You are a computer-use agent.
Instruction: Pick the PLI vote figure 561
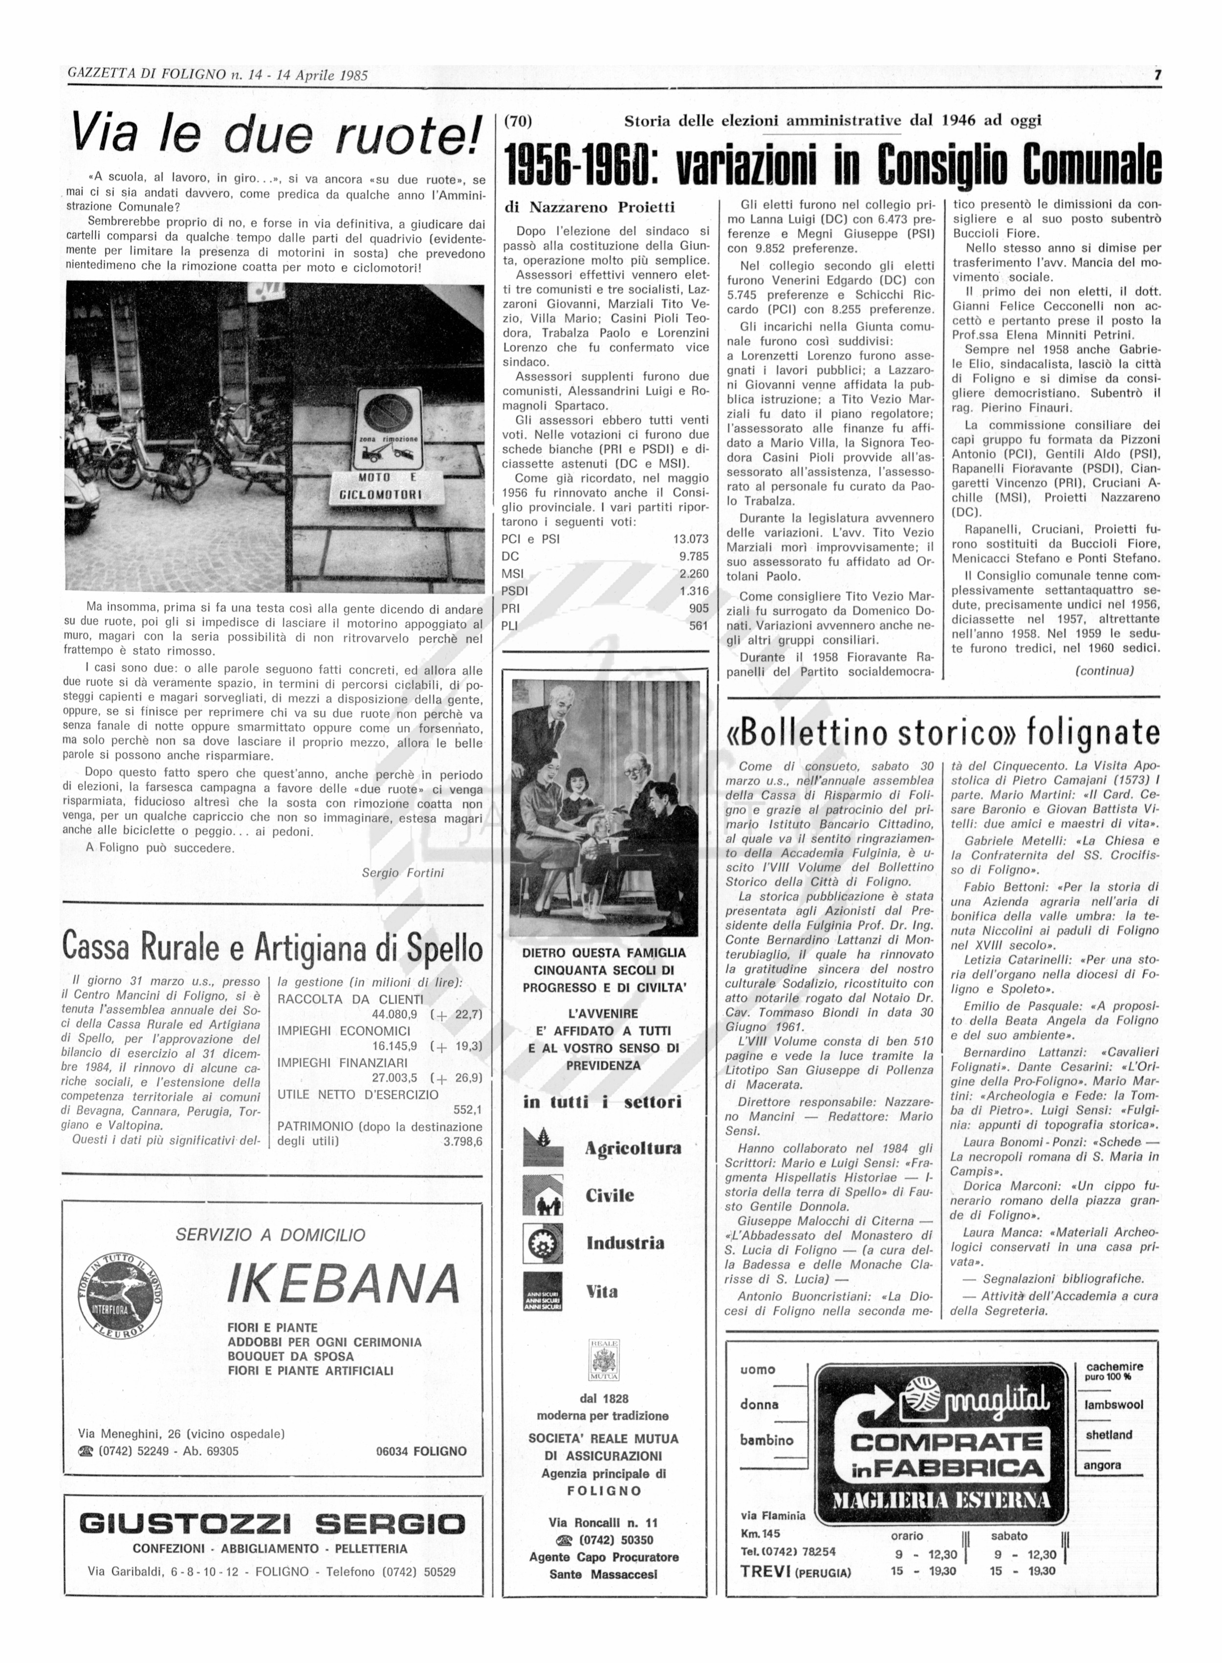pyautogui.click(x=698, y=626)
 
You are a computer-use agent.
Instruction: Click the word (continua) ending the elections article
pyautogui.click(x=1104, y=671)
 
